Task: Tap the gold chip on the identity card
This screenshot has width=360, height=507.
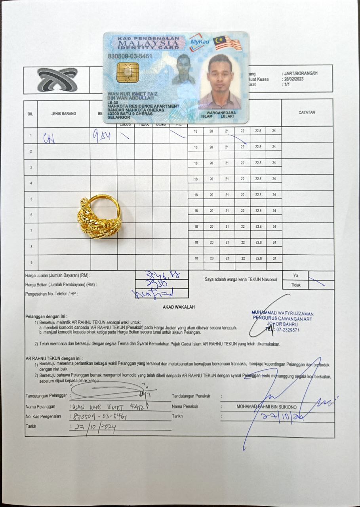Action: pos(128,72)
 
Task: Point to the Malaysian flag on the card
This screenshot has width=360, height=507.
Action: pos(227,43)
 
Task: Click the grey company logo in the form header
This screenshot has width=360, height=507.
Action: pos(57,80)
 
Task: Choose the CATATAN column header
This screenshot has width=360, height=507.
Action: pos(307,112)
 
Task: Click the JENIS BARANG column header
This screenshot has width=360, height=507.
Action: pos(63,114)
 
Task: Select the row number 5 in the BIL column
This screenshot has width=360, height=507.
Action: pos(31,199)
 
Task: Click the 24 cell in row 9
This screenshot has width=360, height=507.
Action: pos(274,258)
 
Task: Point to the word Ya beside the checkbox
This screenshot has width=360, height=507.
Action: pos(295,275)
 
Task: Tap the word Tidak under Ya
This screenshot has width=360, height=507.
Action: pos(295,285)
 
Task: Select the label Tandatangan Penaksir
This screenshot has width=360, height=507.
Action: pos(191,396)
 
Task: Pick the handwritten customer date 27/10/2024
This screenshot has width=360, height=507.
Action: pos(93,427)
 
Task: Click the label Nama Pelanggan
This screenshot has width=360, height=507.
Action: pos(40,406)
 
